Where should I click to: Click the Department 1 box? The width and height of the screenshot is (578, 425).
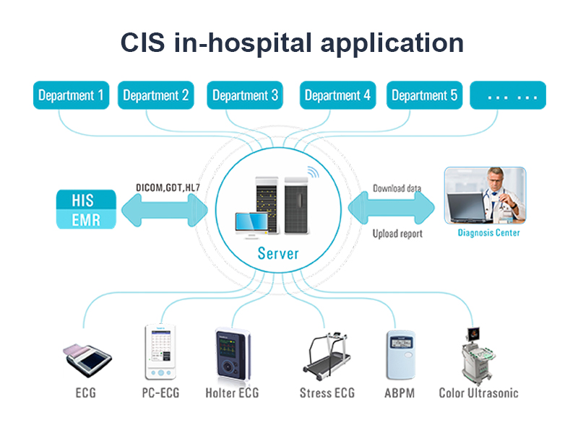pyautogui.click(x=71, y=95)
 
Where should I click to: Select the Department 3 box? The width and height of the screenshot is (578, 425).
pyautogui.click(x=245, y=95)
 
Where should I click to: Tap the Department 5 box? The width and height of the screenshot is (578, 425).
pyautogui.click(x=424, y=95)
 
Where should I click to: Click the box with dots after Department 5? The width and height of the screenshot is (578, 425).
pyautogui.click(x=508, y=95)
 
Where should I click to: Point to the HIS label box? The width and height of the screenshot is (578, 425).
pyautogui.click(x=86, y=199)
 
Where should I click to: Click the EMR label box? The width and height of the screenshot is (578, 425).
pyautogui.click(x=86, y=219)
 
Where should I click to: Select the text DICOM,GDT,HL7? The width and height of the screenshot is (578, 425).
pyautogui.click(x=168, y=188)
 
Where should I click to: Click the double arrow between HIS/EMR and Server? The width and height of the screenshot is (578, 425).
pyautogui.click(x=168, y=211)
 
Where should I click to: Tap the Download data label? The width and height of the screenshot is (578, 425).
pyautogui.click(x=397, y=189)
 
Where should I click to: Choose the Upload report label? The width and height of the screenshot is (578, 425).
pyautogui.click(x=397, y=234)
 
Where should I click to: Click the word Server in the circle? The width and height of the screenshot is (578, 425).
pyautogui.click(x=278, y=254)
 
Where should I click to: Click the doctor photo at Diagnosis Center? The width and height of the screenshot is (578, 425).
pyautogui.click(x=485, y=195)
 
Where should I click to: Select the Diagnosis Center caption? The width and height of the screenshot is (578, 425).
pyautogui.click(x=488, y=233)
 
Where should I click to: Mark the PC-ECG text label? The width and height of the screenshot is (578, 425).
pyautogui.click(x=160, y=393)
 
